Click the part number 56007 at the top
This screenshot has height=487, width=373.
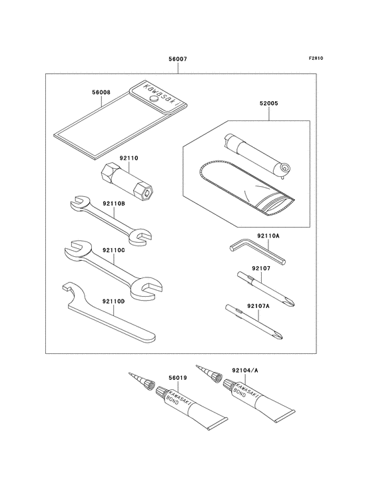pos(178,59)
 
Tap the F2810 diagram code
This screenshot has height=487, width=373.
pos(316,58)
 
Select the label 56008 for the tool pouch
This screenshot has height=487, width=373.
pos(101,92)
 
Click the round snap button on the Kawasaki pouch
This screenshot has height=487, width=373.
pos(153,98)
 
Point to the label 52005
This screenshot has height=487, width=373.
pos(269,103)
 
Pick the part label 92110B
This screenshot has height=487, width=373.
pos(114,204)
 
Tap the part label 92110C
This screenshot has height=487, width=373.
pos(114,249)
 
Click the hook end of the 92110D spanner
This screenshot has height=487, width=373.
pos(69,288)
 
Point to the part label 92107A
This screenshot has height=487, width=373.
pos(258,306)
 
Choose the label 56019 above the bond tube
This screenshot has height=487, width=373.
pos(178,378)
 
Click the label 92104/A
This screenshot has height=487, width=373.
pos(245,370)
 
